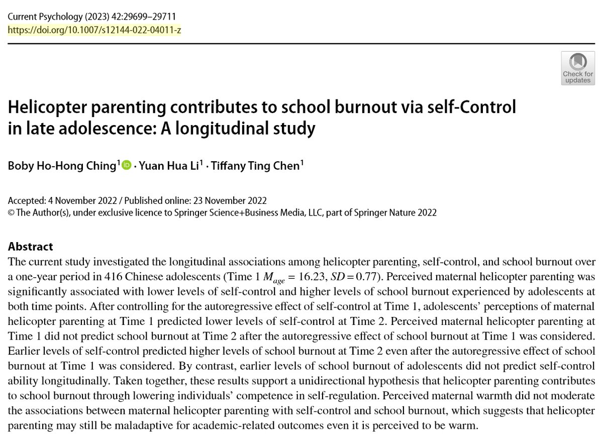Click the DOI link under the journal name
[94, 30]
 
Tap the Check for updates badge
[577, 68]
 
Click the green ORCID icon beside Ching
[126, 165]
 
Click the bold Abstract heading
[31, 247]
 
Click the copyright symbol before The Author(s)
[11, 213]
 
